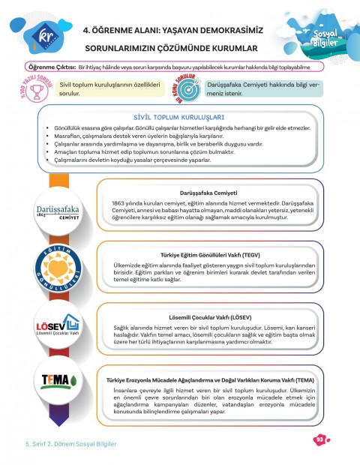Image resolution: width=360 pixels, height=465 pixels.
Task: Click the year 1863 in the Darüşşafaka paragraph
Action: click(121, 203)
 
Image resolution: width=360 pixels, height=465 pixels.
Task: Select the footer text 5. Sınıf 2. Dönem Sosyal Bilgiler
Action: click(66, 443)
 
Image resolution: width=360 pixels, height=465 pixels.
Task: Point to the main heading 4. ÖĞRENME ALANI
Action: click(176, 31)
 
